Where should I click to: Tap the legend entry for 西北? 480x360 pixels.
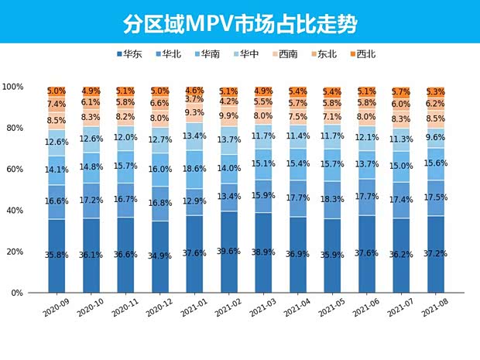pos(361,54)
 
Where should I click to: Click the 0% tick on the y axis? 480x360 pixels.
pos(36,293)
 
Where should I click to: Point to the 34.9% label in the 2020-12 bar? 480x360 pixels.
pos(160,255)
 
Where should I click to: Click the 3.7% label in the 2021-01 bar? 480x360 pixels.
pos(195,99)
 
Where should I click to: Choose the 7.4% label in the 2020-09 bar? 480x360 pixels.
pos(56,104)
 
